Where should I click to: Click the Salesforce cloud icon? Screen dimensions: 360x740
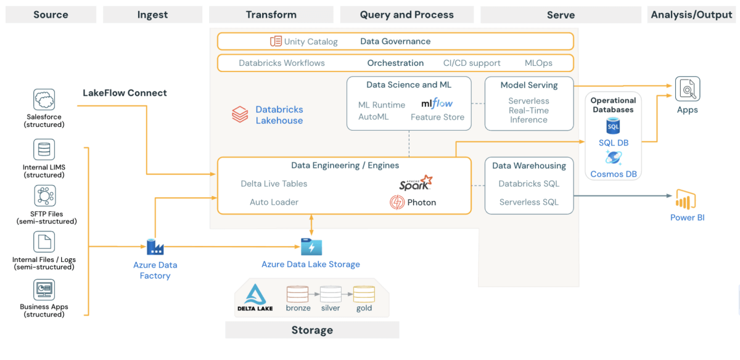(x=44, y=99)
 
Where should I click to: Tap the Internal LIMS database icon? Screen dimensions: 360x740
(x=44, y=150)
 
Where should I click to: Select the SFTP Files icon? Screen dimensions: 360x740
(x=44, y=196)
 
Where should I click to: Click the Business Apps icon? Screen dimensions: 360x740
(x=44, y=290)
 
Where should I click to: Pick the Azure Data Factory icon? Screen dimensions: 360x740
(x=155, y=248)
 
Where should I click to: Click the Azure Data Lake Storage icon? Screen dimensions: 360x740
(x=311, y=247)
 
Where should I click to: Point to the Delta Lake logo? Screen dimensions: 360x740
(x=255, y=298)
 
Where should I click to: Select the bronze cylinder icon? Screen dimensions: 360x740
(x=297, y=293)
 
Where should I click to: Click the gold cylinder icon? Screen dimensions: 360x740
(x=364, y=293)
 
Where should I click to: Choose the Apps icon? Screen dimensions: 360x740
(x=687, y=89)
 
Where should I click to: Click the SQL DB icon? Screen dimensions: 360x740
(x=613, y=126)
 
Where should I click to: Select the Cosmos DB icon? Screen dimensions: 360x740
(x=613, y=158)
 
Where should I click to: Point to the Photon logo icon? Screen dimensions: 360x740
(x=397, y=202)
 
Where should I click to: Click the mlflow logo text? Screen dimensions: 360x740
(x=437, y=104)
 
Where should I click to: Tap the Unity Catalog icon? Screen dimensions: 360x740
(x=276, y=41)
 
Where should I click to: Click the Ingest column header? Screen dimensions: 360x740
(x=152, y=15)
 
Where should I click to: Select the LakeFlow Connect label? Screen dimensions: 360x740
(x=125, y=93)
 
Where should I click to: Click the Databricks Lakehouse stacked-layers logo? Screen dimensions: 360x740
(x=240, y=115)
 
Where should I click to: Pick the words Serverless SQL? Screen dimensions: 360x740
(x=528, y=202)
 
